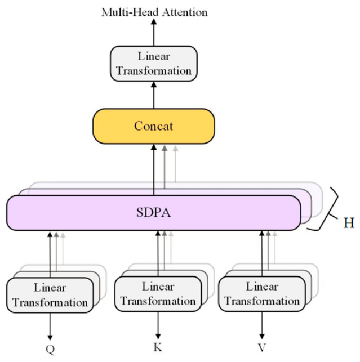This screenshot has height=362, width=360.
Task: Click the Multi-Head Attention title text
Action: point(154,12)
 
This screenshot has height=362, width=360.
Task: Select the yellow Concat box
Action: point(154,126)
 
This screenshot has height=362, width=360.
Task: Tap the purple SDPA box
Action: point(154,213)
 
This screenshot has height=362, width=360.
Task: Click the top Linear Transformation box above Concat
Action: point(154,64)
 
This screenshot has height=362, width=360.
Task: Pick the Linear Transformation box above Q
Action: point(50,295)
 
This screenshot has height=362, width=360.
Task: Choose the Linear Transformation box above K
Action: point(158,294)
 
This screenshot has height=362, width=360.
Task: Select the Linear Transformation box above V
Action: point(262,294)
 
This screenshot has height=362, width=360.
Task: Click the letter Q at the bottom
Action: point(50,349)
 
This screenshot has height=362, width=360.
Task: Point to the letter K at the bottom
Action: point(158,347)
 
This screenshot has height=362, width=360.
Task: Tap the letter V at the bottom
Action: point(262,347)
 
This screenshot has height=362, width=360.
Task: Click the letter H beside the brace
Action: point(349,223)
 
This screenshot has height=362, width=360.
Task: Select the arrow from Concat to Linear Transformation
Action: point(154,95)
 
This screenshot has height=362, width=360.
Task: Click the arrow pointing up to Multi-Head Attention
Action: point(154,33)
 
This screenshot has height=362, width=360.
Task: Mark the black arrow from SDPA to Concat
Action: point(154,170)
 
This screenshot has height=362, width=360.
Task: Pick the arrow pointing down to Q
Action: point(50,327)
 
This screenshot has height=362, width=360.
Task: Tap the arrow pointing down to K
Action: point(158,325)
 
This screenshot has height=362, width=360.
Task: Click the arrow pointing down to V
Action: point(262,325)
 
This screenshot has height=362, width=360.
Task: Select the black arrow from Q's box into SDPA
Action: point(50,254)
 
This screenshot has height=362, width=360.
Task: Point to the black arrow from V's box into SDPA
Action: point(262,253)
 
